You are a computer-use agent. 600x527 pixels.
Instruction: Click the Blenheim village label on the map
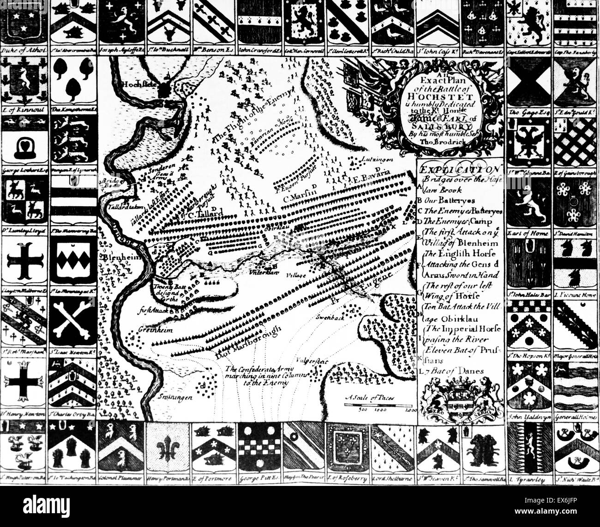click(115, 258)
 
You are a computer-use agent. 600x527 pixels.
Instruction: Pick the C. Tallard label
click(209, 213)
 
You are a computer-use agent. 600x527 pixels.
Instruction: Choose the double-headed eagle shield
click(528, 138)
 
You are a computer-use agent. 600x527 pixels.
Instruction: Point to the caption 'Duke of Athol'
click(23, 51)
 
